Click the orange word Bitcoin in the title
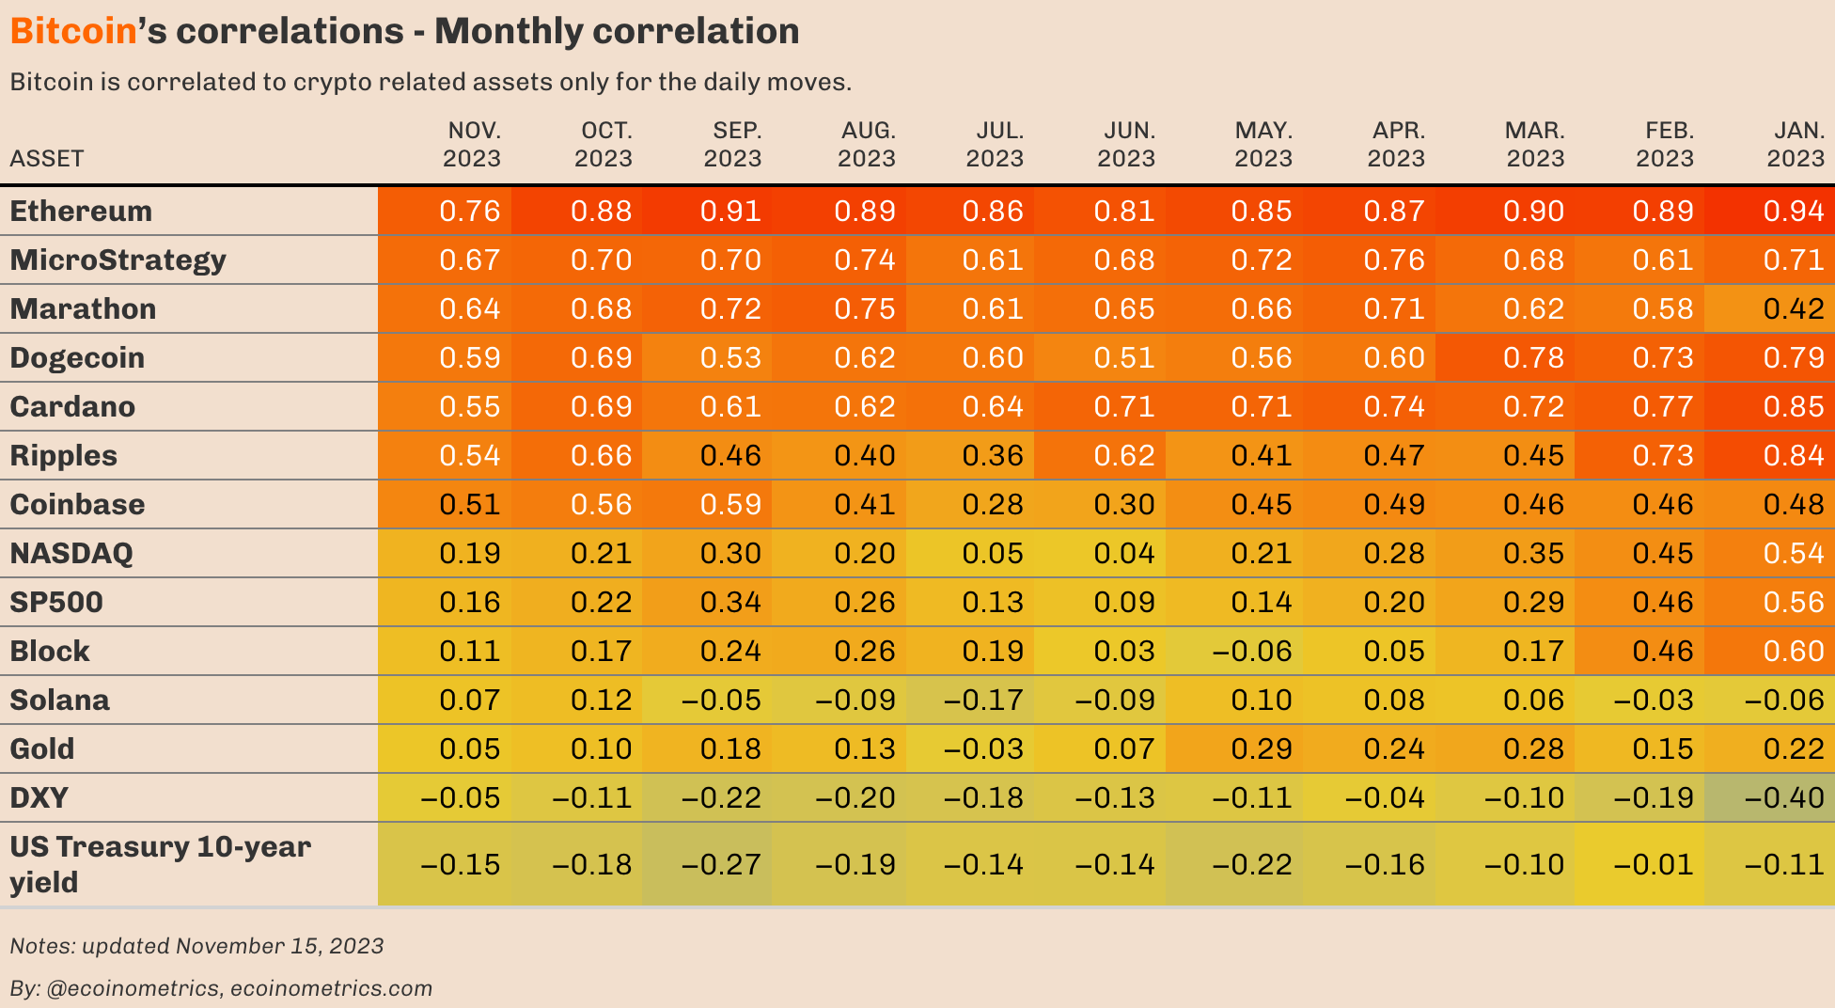click(x=73, y=32)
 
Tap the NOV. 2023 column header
click(x=472, y=144)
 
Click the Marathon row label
click(x=83, y=308)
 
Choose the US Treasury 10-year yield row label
click(x=160, y=863)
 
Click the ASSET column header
click(x=47, y=158)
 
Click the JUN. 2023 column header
click(x=1126, y=144)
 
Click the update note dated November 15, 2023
click(x=196, y=946)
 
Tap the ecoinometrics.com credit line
click(x=221, y=988)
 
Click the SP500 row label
click(x=56, y=602)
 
